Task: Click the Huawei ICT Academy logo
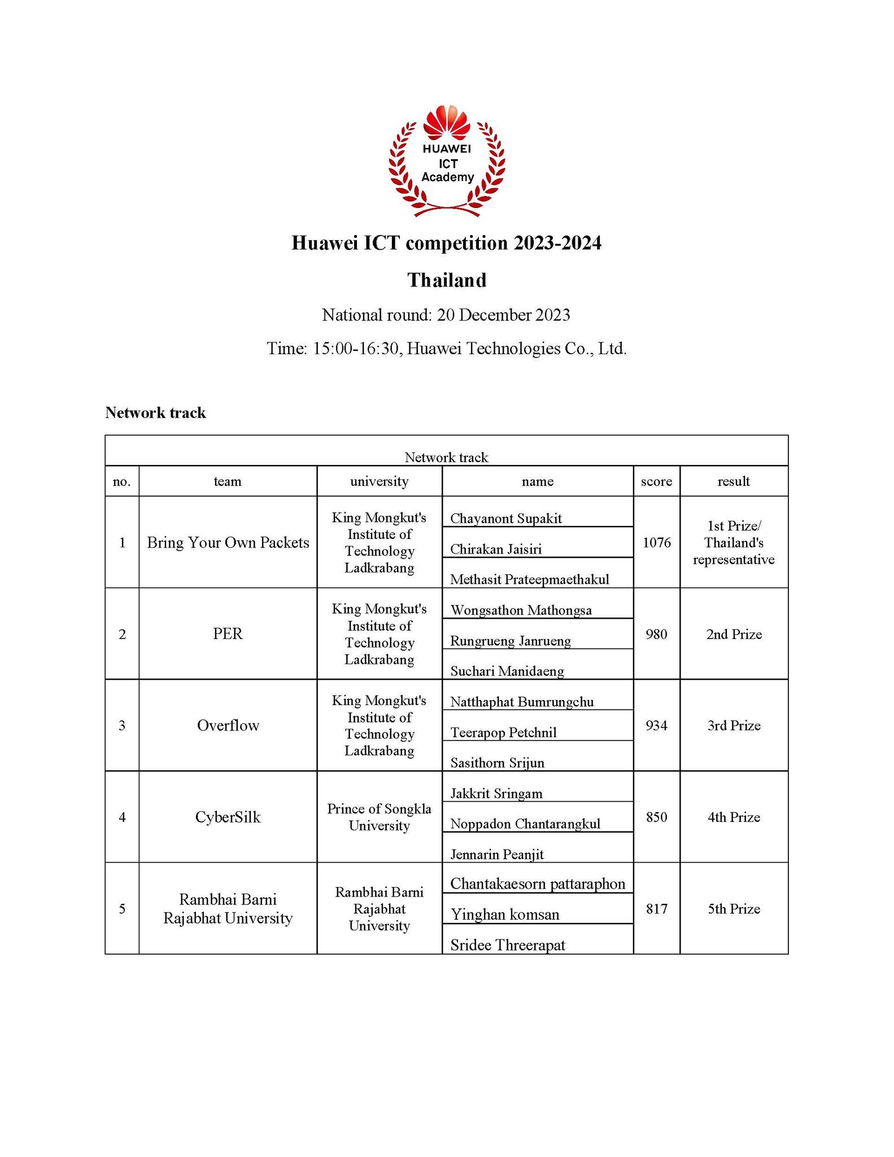(447, 162)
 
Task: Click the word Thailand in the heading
(447, 280)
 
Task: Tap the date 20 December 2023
(503, 315)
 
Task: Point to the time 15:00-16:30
(356, 349)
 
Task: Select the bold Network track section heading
(155, 413)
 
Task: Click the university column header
(379, 481)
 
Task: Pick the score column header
(656, 481)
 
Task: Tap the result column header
(733, 481)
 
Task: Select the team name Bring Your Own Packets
(228, 542)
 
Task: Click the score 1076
(656, 542)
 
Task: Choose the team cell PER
(228, 634)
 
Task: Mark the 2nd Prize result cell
(734, 634)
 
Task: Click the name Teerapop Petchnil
(503, 733)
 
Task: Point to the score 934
(656, 725)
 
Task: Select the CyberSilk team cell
(228, 817)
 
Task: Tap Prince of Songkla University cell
(379, 817)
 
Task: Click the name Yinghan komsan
(505, 915)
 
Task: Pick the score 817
(656, 908)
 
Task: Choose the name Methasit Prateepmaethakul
(529, 580)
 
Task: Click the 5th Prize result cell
(734, 908)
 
